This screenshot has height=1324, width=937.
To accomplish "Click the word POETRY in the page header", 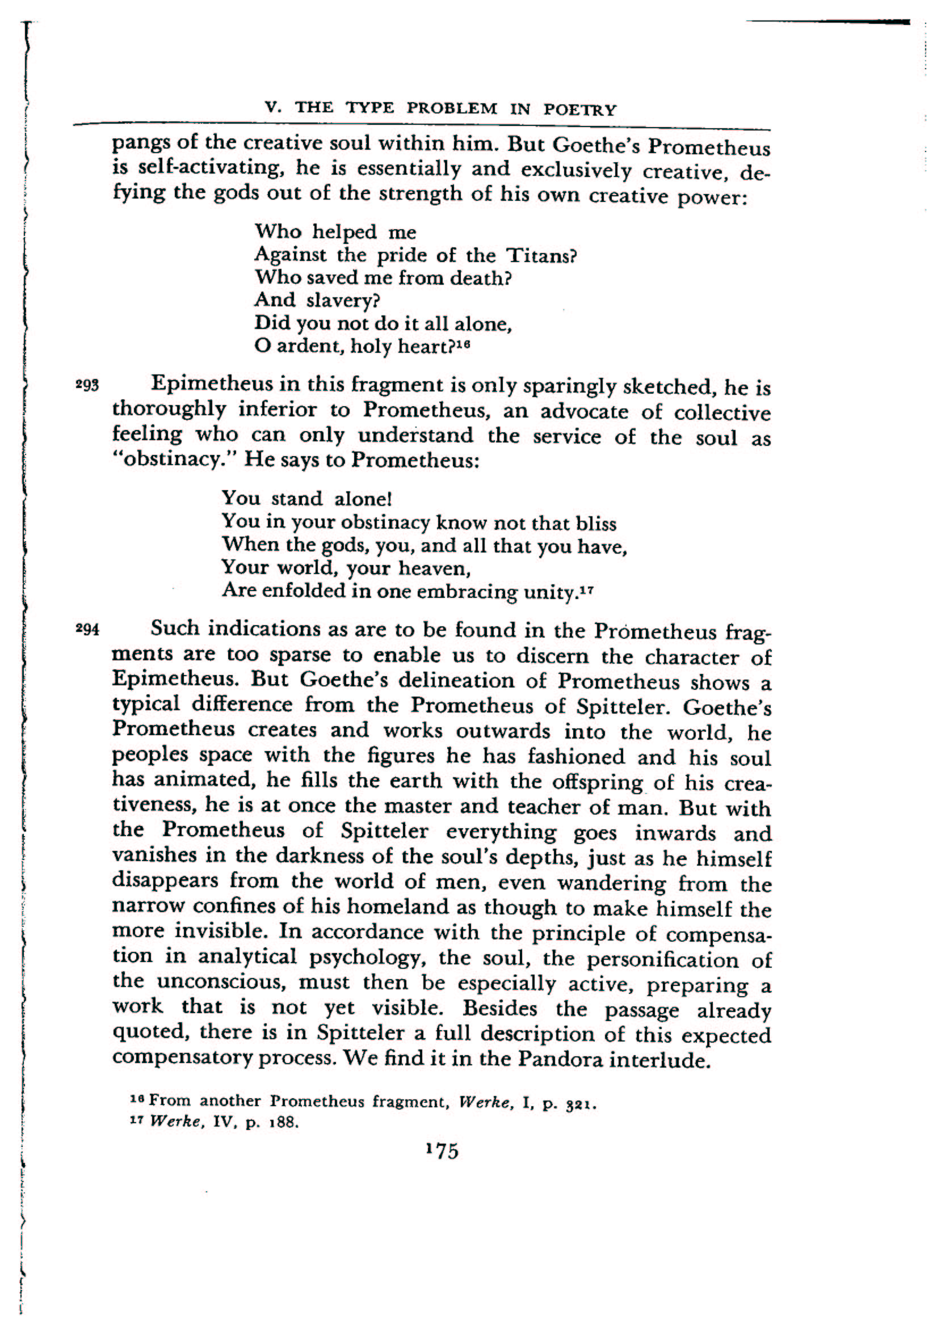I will tap(580, 109).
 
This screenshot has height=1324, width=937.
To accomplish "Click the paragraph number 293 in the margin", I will tap(88, 385).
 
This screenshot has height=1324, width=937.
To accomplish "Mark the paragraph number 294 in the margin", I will tap(88, 629).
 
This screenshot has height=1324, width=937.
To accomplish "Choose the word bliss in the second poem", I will tap(596, 524).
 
